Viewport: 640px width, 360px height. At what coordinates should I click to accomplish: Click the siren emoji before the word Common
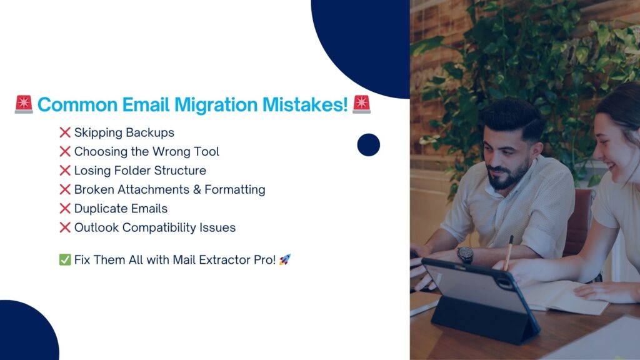(x=24, y=104)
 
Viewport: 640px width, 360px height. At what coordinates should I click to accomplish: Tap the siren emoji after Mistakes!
(x=361, y=104)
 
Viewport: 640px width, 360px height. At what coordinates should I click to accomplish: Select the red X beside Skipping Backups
(x=65, y=132)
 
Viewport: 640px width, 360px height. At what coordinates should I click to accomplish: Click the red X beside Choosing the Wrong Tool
(x=65, y=151)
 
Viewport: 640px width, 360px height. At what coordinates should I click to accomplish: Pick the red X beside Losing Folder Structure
(x=65, y=171)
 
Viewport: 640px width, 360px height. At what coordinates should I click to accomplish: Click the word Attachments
(x=154, y=189)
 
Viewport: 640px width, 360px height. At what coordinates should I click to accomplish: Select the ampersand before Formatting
(x=197, y=190)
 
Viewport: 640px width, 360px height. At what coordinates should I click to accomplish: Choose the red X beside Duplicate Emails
(x=65, y=209)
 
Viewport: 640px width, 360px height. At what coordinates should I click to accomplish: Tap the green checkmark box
(x=65, y=259)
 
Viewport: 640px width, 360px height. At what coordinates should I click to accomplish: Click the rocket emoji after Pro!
(x=285, y=259)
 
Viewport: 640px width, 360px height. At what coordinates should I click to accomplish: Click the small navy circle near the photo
(x=369, y=145)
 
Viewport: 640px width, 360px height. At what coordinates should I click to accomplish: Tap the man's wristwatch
(x=465, y=255)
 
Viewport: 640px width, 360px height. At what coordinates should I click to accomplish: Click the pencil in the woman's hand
(x=509, y=253)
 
